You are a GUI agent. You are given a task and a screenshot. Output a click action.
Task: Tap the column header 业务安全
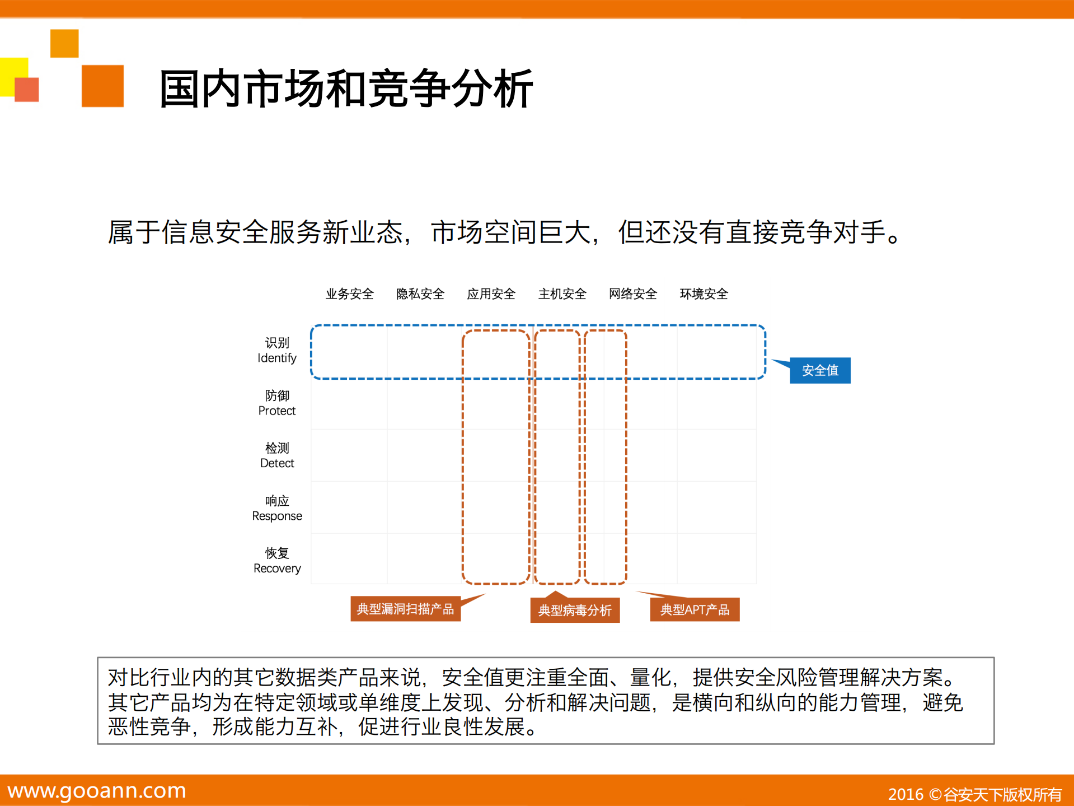click(350, 293)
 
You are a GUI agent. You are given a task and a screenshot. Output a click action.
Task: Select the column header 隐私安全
click(420, 293)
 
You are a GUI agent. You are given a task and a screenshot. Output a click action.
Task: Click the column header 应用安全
click(491, 293)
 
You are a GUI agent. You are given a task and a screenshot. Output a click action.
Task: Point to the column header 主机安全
click(562, 293)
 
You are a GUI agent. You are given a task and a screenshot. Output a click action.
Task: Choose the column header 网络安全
click(633, 293)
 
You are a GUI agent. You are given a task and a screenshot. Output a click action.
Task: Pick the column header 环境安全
click(704, 293)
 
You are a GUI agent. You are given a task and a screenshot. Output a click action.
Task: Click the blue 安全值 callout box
click(820, 370)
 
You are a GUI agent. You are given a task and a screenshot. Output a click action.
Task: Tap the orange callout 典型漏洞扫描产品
click(405, 609)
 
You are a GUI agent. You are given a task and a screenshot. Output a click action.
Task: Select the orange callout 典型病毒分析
click(575, 610)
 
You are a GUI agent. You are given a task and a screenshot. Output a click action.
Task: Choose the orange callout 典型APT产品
click(695, 609)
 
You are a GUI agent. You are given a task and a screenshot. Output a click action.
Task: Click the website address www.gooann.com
click(97, 790)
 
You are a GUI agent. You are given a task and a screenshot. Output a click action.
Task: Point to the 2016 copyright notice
click(974, 794)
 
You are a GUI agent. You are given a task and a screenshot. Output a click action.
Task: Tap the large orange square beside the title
click(102, 86)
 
